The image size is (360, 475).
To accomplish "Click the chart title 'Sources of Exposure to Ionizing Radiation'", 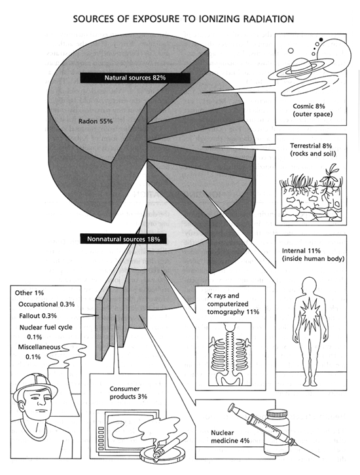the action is (x=183, y=19).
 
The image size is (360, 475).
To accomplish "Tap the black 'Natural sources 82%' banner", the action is (x=135, y=77).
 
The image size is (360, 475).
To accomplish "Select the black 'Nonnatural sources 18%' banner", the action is (x=124, y=239).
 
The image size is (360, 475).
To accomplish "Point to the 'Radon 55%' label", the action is (x=96, y=121).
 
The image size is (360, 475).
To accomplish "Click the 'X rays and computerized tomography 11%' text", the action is (x=233, y=303).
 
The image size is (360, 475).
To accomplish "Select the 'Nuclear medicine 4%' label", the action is (x=230, y=436).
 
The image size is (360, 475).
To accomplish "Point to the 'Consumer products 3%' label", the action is (x=128, y=392).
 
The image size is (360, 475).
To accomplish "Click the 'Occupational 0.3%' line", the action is (x=46, y=304).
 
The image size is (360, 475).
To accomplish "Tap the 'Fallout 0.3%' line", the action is (x=38, y=316).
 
